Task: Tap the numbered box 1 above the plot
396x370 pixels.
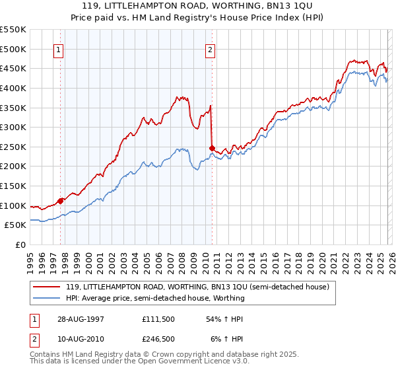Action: click(x=59, y=48)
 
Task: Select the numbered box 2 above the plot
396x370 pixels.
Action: click(x=210, y=48)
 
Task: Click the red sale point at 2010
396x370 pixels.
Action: click(x=212, y=148)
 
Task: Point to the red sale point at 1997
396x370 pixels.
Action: click(x=61, y=201)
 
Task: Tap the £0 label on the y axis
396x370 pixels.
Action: click(x=20, y=244)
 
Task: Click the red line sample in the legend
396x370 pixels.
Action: click(x=48, y=287)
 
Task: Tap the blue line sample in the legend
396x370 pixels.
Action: click(x=48, y=298)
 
